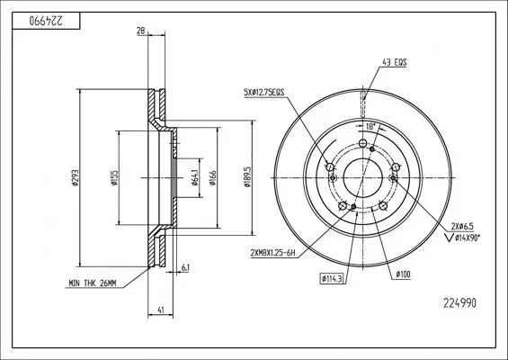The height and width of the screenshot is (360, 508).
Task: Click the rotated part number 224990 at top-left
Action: tap(31, 18)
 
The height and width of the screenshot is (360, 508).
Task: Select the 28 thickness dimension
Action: tap(140, 32)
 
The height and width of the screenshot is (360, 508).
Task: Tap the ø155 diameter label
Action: tap(113, 179)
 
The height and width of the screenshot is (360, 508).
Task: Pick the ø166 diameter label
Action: tap(212, 178)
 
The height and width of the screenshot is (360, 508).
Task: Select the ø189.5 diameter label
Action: tap(245, 177)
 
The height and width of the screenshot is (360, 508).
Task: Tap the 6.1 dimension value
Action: tap(184, 268)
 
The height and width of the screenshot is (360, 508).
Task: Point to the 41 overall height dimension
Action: tap(159, 310)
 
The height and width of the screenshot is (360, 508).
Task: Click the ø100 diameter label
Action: tap(402, 273)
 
